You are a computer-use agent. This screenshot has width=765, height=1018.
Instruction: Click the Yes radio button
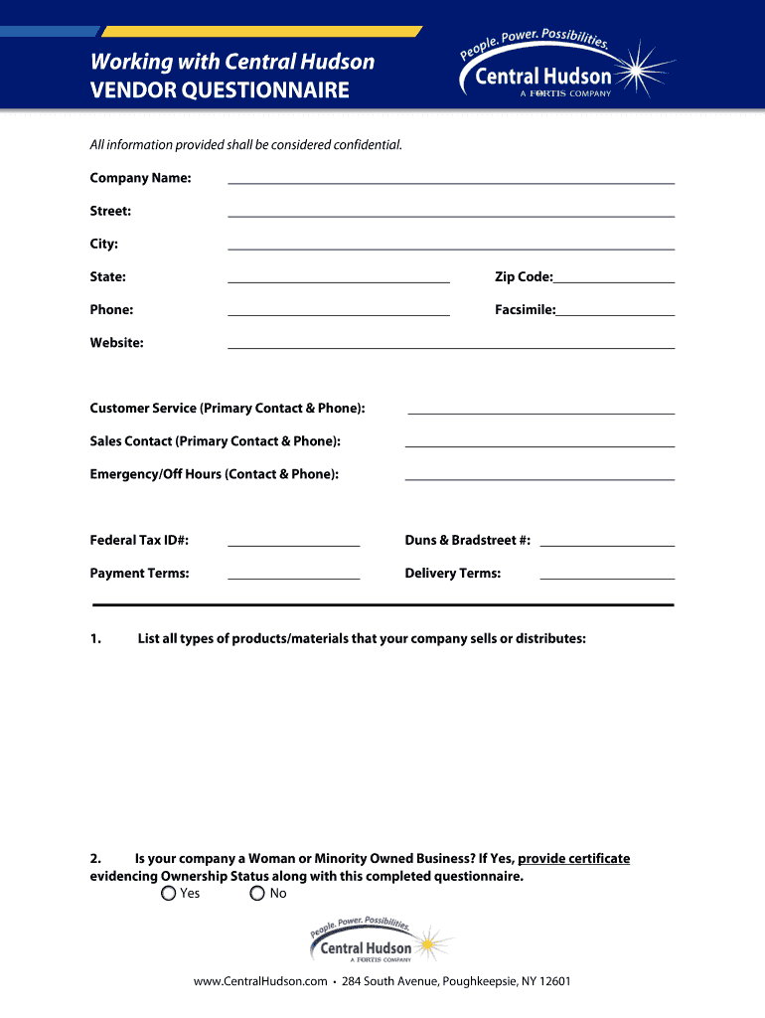[x=168, y=894]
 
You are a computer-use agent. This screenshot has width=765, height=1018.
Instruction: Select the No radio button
[x=257, y=894]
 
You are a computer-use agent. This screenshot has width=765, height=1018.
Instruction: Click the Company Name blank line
[x=451, y=181]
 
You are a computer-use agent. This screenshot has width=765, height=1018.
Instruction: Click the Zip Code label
[x=524, y=277]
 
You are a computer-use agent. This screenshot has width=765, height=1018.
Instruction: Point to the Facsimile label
[x=525, y=310]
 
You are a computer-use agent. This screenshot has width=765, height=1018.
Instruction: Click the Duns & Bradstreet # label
[x=467, y=541]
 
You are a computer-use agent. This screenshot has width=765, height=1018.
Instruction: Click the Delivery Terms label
[x=452, y=574]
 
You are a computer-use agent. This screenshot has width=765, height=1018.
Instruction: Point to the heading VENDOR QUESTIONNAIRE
[x=220, y=91]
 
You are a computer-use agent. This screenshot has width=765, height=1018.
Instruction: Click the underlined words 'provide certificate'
[x=573, y=859]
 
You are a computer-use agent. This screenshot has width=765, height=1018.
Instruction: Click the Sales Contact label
[x=215, y=441]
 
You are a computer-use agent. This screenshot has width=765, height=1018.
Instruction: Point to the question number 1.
[x=94, y=638]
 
